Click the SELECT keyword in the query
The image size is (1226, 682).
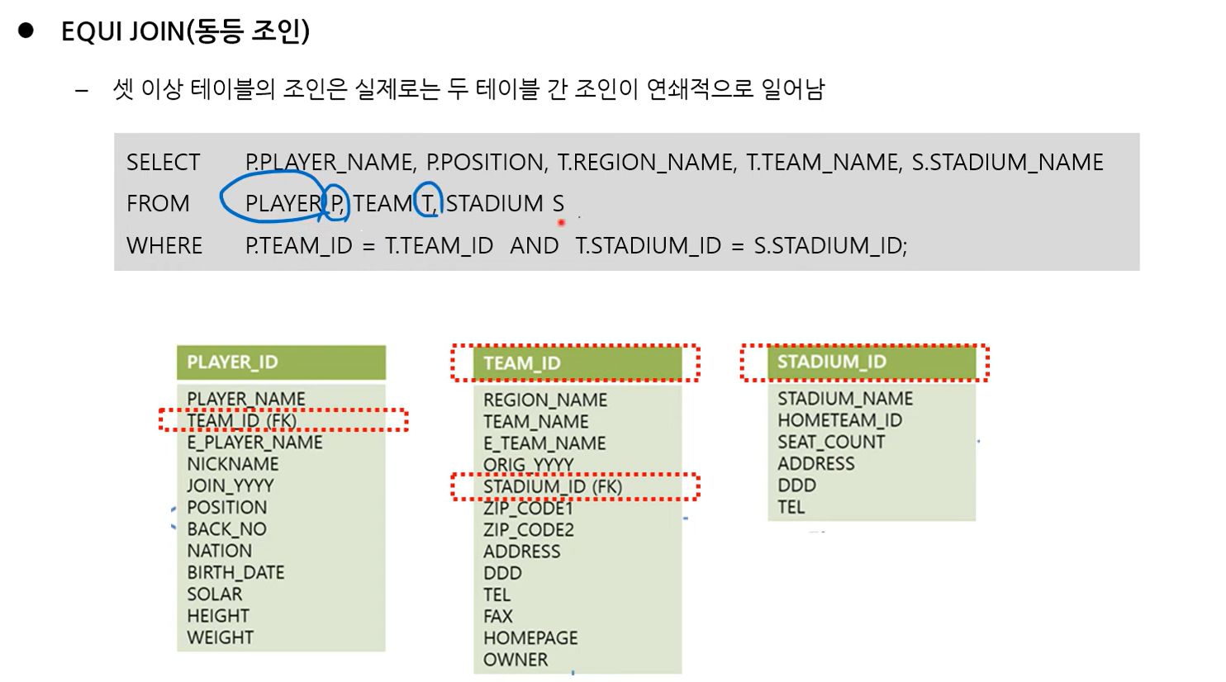point(164,163)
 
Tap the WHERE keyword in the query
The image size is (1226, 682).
point(164,246)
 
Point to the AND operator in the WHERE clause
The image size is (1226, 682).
point(534,246)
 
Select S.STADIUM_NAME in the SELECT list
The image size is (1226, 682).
point(1007,163)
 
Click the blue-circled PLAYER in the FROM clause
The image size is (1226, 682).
point(283,204)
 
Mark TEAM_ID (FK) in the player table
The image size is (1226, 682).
point(241,421)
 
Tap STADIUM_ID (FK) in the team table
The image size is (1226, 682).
point(553,487)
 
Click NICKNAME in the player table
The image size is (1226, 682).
point(233,464)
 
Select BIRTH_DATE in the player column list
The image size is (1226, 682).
point(235,573)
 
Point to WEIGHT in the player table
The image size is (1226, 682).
point(220,637)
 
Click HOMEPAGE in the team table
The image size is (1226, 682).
point(530,638)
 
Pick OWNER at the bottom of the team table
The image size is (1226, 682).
point(516,660)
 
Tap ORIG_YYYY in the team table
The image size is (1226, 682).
point(528,465)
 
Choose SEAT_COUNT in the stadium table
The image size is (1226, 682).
point(830,443)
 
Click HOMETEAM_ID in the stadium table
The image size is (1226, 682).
point(839,421)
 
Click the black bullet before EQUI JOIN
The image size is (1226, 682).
point(26,31)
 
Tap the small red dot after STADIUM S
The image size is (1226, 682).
point(561,222)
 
